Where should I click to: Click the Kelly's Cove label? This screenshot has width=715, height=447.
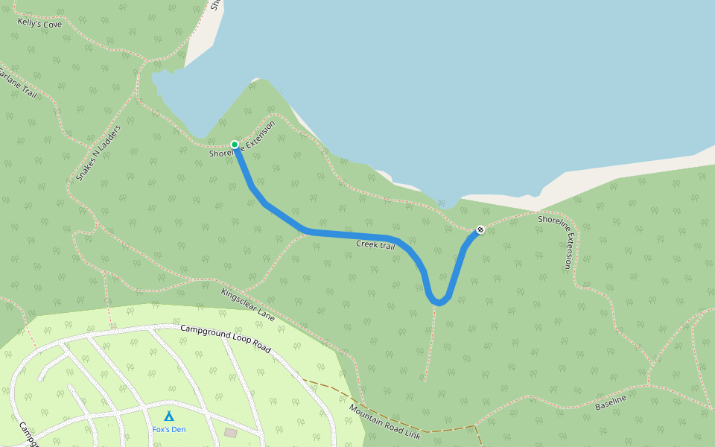(40, 24)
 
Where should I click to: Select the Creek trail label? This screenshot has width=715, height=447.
(375, 244)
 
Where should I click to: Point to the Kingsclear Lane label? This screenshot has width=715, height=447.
(247, 305)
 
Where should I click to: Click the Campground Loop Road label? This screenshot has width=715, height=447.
(225, 337)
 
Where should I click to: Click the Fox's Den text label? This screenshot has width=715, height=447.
(169, 429)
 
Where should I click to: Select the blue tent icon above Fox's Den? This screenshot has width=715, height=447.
(169, 416)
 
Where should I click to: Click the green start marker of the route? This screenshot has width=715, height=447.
(235, 145)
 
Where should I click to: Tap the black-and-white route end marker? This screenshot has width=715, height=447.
(480, 229)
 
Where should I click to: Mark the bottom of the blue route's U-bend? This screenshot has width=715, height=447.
(439, 302)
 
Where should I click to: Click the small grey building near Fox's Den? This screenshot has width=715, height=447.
(231, 432)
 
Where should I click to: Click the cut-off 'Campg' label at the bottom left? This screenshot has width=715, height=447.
(27, 435)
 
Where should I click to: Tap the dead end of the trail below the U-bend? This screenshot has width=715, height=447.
(425, 380)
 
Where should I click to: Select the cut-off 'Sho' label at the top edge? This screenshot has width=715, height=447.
(214, 4)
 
